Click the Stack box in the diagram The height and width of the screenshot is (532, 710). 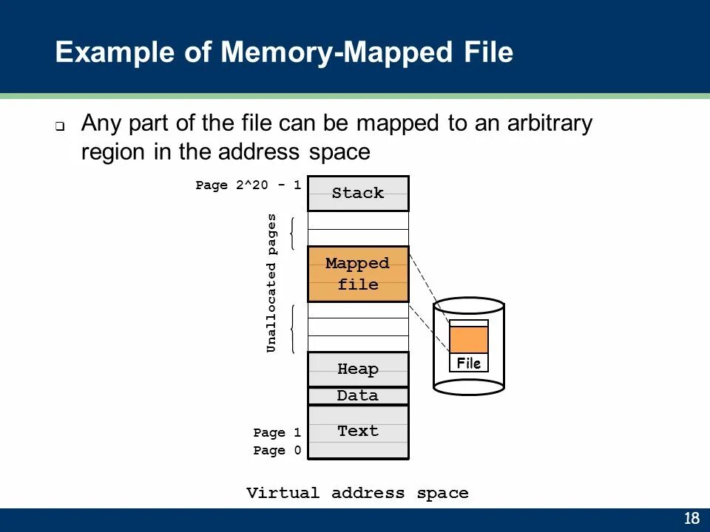coord(358,194)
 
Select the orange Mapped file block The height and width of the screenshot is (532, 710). coord(358,274)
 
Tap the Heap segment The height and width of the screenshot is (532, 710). coord(358,369)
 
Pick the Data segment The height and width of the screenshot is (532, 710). coord(358,396)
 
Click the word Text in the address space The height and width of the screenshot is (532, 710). coord(358,431)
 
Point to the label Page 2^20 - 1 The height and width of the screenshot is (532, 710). coord(248,185)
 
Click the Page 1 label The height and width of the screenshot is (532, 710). coord(277,433)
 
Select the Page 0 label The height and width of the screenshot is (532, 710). coord(277,451)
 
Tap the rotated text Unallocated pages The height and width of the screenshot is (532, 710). coord(271,283)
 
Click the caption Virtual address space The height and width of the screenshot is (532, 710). coord(357,493)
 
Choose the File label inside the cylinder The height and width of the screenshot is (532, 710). coord(469,364)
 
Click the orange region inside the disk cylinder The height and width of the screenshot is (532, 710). coord(469,340)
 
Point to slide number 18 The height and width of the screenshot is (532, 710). coord(692,518)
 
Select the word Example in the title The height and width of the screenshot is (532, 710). coord(115,52)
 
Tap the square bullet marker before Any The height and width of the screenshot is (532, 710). coord(60,126)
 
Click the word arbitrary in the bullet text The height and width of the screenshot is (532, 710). coord(550,124)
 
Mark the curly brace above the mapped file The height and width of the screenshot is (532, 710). coord(293,233)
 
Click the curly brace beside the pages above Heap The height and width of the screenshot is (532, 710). coord(293,329)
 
